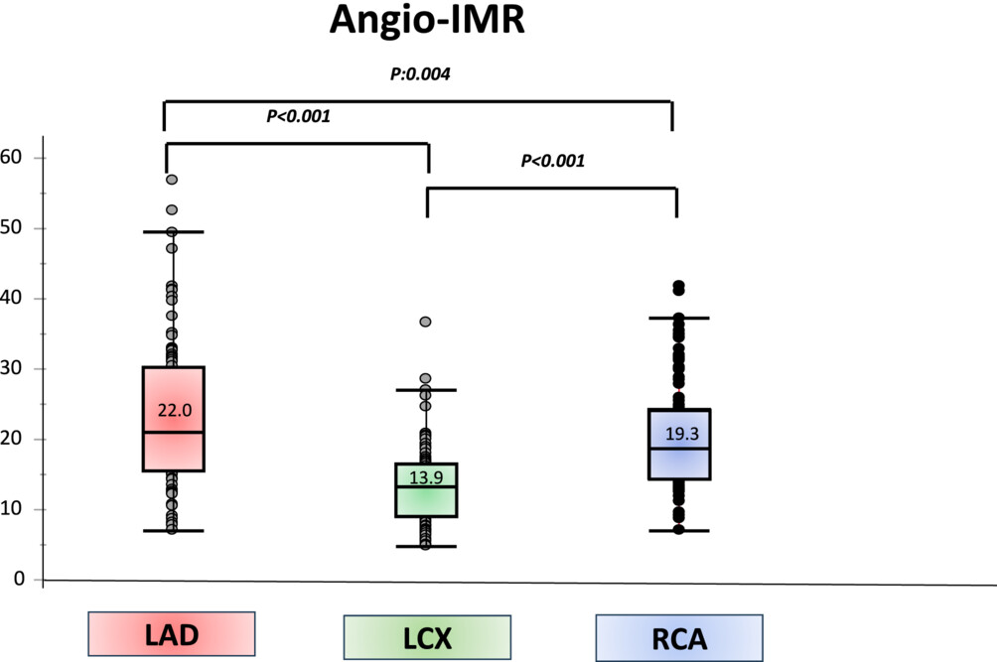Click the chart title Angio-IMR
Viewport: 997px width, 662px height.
coord(427,20)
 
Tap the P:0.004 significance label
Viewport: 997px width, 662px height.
coord(420,73)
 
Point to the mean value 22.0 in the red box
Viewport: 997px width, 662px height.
coord(175,411)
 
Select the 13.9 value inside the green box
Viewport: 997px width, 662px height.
coord(426,477)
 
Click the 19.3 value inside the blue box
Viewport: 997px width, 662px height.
coord(681,434)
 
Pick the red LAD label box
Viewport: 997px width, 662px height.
coord(172,634)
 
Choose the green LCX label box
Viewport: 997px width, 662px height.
coord(427,638)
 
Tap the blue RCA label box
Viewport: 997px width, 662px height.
coord(679,638)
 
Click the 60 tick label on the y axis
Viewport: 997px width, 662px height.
coord(12,157)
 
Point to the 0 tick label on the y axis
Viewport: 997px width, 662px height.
coord(19,579)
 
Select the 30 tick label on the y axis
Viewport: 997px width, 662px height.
coord(12,368)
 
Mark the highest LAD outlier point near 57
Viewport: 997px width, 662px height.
coord(172,180)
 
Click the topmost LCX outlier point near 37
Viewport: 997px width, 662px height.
coord(425,323)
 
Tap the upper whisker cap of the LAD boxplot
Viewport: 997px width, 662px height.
coord(173,232)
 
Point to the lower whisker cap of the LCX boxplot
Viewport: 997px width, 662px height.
coord(426,546)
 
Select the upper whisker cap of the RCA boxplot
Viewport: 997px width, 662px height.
coord(679,318)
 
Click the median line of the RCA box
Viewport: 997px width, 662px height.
coord(679,449)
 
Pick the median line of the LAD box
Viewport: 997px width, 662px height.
coord(173,432)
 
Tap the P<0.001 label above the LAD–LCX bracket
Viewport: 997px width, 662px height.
coord(298,116)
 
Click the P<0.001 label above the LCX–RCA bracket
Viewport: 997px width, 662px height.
coord(553,161)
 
